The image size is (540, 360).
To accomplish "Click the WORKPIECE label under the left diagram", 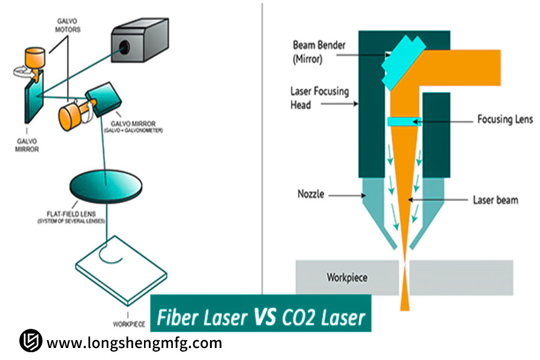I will click(x=128, y=324).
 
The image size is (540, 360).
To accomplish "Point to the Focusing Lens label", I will click(x=505, y=119).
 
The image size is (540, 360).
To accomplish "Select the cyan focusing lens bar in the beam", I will click(x=405, y=122).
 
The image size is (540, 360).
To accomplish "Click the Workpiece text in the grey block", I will click(x=346, y=278).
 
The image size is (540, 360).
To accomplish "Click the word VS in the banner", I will click(x=264, y=316).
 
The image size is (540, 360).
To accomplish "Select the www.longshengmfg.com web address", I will click(x=134, y=343).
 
